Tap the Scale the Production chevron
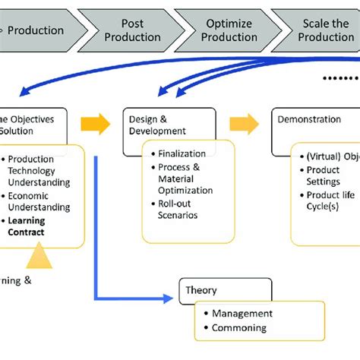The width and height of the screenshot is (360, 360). [x=323, y=30]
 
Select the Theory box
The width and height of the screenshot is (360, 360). [x=225, y=289]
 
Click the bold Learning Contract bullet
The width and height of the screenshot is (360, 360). [x=27, y=226]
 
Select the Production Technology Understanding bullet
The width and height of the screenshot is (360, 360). [x=38, y=171]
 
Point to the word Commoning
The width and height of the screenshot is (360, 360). [x=238, y=328]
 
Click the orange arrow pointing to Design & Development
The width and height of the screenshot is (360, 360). [x=93, y=122]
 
